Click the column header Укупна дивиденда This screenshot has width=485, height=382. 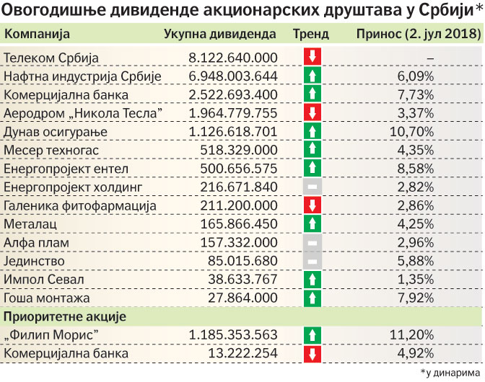220,34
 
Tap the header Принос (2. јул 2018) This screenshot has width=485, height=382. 418,34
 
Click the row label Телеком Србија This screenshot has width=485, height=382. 51,57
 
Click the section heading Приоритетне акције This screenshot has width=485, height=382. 66,316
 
